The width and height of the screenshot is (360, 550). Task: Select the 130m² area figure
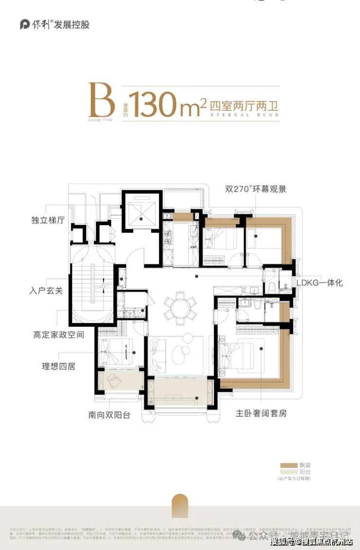pos(165,102)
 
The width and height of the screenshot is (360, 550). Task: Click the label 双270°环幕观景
pos(255,189)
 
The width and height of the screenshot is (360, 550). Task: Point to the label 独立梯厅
pos(49,220)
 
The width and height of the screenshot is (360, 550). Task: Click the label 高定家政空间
pos(59,335)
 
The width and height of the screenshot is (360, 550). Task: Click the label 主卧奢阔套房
pos(261,413)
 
